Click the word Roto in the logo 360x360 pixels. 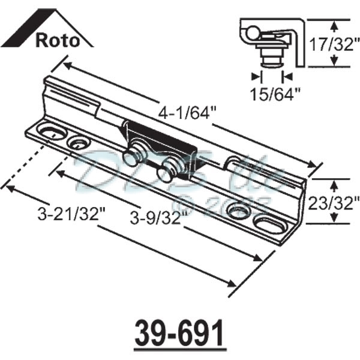tap(58, 41)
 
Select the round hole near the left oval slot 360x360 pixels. tap(78, 142)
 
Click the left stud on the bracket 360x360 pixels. tap(133, 155)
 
